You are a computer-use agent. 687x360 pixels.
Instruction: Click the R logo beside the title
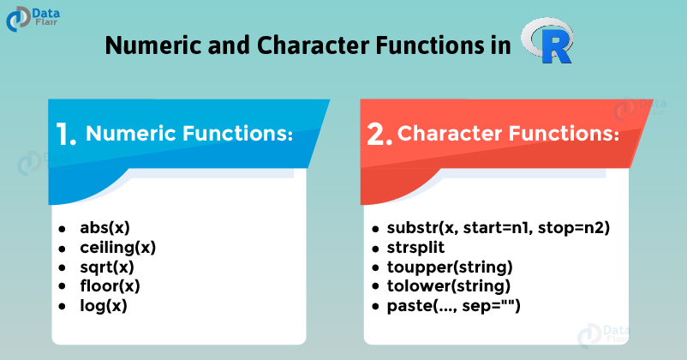click(547, 41)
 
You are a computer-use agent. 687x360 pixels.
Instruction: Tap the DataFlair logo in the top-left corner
click(33, 19)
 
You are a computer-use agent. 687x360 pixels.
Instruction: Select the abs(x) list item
click(105, 228)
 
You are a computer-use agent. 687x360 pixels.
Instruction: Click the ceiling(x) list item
click(118, 248)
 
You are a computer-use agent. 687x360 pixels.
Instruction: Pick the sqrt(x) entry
click(107, 267)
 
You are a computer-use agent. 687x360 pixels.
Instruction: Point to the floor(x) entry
click(110, 286)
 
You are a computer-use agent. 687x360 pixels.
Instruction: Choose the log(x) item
click(104, 306)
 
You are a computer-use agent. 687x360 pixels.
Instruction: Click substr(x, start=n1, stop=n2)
click(499, 228)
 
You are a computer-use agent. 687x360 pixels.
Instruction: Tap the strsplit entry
click(415, 248)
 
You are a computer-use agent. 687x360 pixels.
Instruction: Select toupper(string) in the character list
click(450, 267)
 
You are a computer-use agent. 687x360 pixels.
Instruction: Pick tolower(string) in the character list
click(449, 286)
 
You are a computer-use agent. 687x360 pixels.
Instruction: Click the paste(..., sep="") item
click(453, 306)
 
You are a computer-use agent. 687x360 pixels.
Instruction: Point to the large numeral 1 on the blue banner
click(66, 134)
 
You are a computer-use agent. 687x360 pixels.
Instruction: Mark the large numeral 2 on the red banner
click(379, 134)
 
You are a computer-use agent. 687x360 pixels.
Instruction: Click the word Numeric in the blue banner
click(130, 134)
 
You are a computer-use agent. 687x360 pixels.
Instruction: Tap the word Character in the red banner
click(449, 134)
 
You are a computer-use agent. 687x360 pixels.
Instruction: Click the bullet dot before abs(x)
click(62, 229)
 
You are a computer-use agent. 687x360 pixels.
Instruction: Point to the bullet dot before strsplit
click(375, 249)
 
